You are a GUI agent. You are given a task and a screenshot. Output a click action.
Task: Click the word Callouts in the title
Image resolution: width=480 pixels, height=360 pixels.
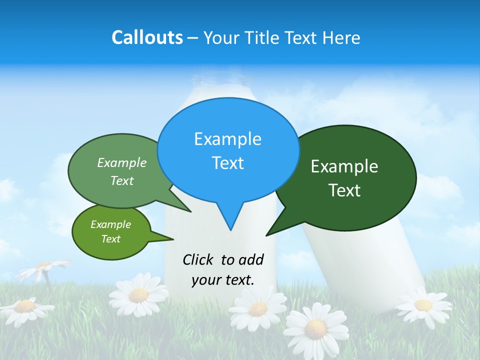click(x=147, y=38)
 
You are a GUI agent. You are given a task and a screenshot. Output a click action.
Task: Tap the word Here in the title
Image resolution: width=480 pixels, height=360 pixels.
click(x=341, y=38)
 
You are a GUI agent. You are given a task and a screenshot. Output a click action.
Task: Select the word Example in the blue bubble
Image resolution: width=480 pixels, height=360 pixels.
click(x=227, y=139)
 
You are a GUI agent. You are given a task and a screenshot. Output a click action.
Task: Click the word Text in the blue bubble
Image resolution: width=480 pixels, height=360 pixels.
click(x=227, y=163)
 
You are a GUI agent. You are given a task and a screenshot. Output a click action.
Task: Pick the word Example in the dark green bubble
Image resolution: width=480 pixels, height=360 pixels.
click(x=344, y=166)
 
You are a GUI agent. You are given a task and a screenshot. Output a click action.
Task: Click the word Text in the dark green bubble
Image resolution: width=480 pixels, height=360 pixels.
click(x=344, y=190)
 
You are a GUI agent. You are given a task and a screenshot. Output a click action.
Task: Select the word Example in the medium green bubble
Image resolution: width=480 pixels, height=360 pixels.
click(x=122, y=163)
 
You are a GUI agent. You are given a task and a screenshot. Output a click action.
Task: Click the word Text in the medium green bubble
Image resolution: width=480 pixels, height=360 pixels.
click(x=122, y=181)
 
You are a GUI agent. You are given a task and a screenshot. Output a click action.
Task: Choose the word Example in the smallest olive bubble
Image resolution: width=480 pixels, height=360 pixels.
click(x=110, y=225)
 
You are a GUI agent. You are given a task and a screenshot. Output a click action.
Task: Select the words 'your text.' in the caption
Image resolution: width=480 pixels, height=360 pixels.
click(x=223, y=280)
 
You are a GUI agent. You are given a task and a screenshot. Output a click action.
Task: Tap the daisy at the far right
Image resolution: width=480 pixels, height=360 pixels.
click(x=423, y=305)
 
